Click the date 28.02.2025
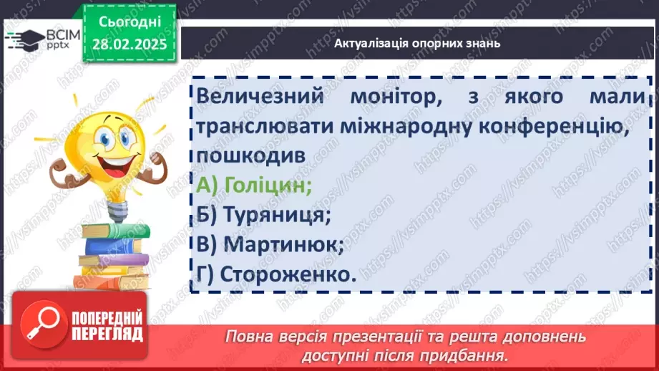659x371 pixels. click(129, 43)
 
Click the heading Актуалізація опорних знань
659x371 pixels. click(416, 43)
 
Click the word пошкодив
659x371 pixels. click(243, 155)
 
